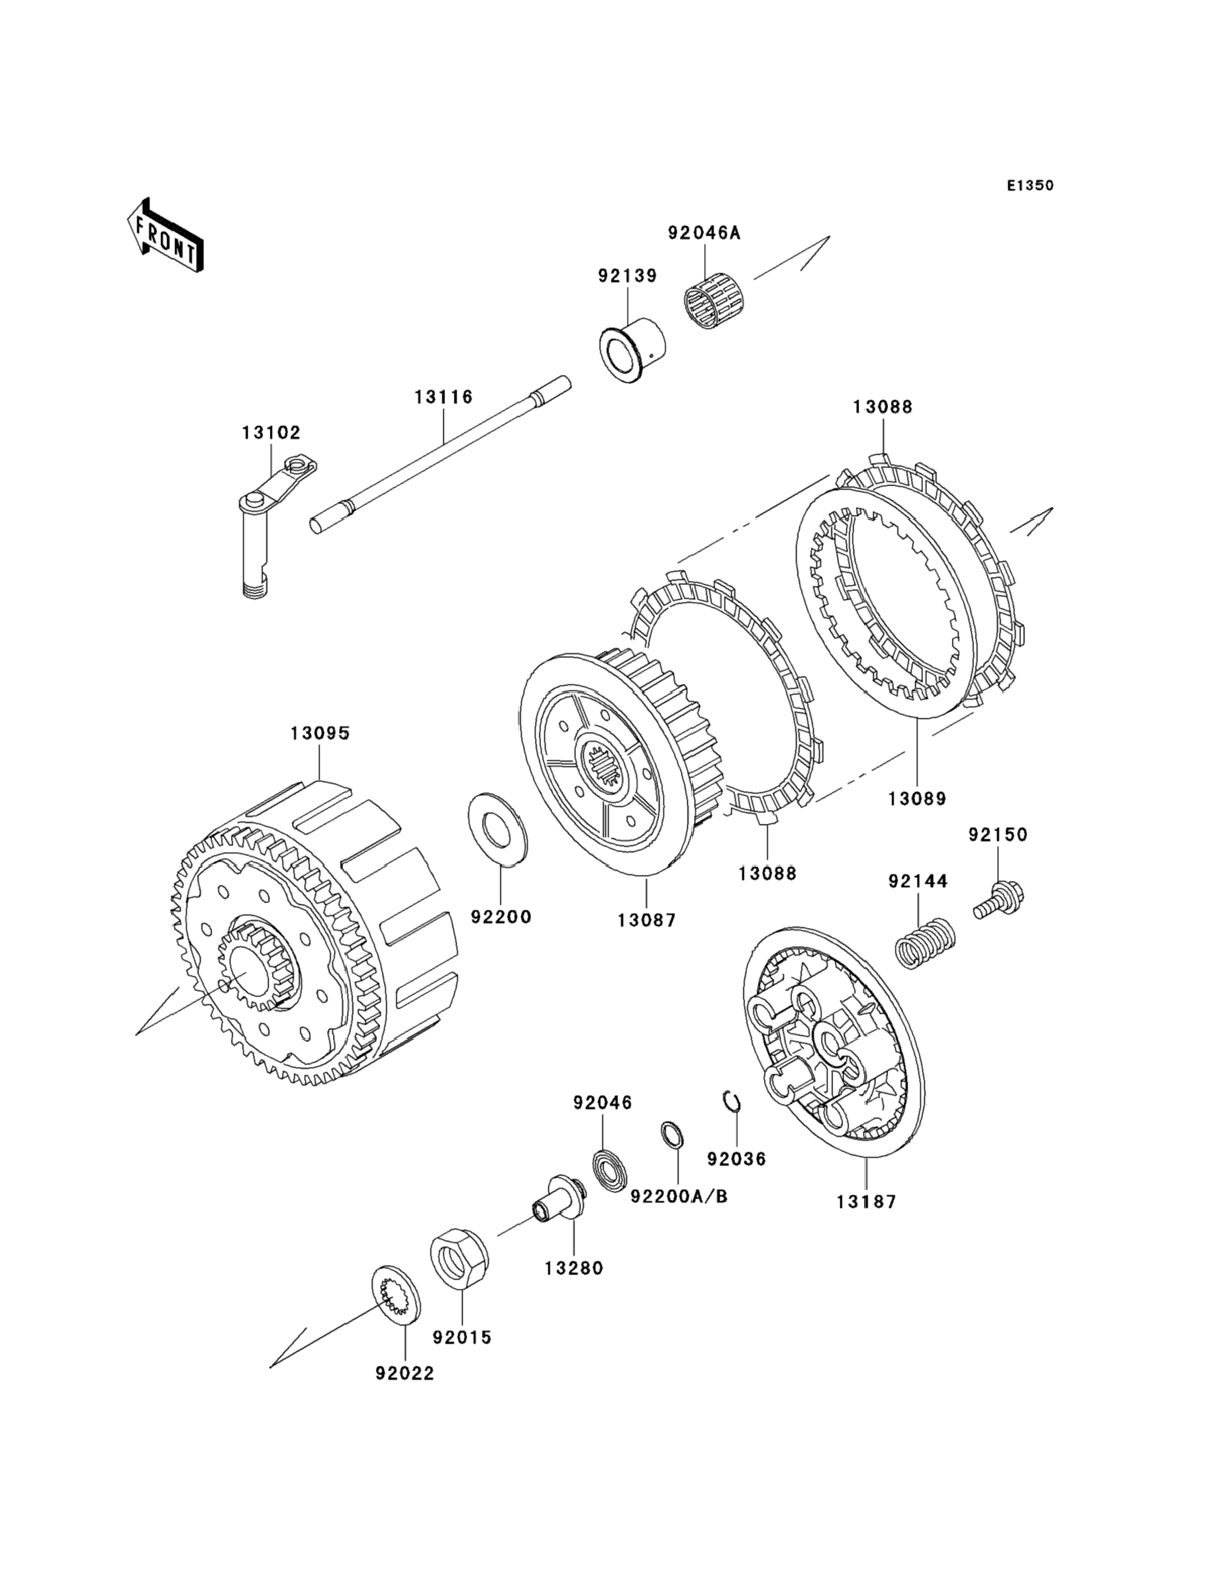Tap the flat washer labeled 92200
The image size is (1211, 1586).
coord(497,829)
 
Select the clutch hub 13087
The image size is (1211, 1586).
coord(620,759)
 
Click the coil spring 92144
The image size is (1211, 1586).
coord(926,943)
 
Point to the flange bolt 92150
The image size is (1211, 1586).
coord(999,900)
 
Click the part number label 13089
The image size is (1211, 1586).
coord(916,799)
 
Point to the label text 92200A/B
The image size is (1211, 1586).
coord(679,1197)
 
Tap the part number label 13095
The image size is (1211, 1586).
coord(320,733)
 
